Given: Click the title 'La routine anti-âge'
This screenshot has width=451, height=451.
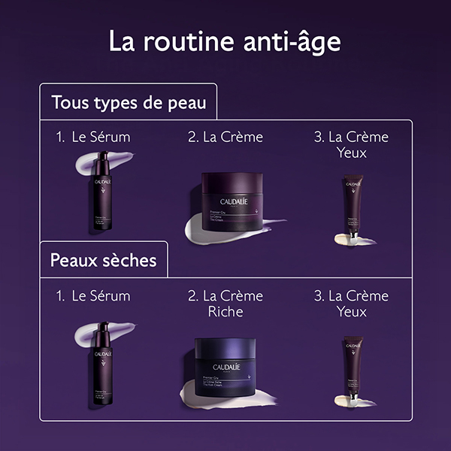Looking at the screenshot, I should (x=225, y=41).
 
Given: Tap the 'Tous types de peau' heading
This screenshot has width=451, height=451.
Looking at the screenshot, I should (x=128, y=102).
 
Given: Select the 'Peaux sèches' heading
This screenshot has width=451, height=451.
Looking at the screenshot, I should (x=103, y=261).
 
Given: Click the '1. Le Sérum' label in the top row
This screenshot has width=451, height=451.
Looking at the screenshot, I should (x=92, y=138).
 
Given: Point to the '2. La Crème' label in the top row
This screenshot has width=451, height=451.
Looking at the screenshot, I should (x=225, y=138).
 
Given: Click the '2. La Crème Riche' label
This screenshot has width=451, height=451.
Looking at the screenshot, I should (x=225, y=303).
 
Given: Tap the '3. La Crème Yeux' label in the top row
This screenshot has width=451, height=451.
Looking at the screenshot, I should (x=351, y=144).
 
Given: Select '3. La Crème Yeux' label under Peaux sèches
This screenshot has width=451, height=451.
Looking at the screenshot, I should (x=351, y=303).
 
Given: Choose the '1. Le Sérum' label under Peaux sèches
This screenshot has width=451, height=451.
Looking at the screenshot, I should (x=92, y=295).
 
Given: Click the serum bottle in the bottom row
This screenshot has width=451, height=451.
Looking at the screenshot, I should (x=101, y=357).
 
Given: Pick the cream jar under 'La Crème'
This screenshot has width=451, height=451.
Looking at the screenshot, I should (x=232, y=197).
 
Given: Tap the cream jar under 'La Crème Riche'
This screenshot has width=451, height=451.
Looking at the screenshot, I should (x=226, y=361).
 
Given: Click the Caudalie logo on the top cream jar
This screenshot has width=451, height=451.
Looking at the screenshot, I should (x=232, y=201).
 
